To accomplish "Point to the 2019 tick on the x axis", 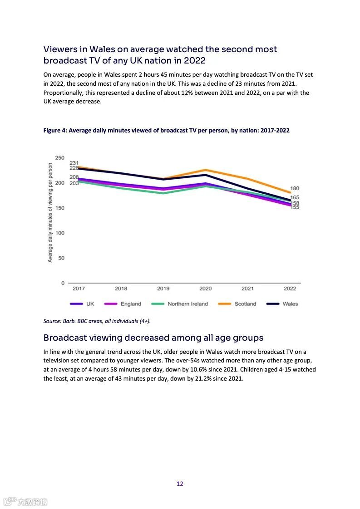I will coord(163,289).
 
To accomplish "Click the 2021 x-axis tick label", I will coord(248,289).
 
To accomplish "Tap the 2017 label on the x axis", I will coord(79,289).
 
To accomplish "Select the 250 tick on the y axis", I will coord(60,158).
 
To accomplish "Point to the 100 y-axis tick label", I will coord(60,233).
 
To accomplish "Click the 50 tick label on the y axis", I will coord(61,258).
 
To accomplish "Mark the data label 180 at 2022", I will coord(295,188).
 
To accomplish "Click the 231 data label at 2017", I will coord(74,163).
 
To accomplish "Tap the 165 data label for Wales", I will coord(295,198).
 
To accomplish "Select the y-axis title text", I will coord(50,213).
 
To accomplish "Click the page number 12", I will coord(180,484).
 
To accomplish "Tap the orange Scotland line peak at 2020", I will coord(206,170).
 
